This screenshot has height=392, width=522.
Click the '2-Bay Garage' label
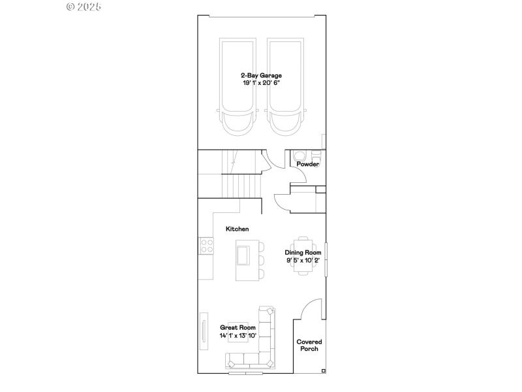[x=261, y=76]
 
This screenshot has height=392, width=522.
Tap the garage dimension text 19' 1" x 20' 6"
[x=261, y=84]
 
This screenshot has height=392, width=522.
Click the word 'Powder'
[x=308, y=164]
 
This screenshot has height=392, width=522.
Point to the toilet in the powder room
[x=299, y=155]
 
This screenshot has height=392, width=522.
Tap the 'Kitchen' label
[x=238, y=229]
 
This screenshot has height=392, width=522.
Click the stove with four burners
[x=207, y=246]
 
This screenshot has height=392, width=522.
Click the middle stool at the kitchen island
[x=262, y=259]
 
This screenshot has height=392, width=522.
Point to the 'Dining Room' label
[x=303, y=252]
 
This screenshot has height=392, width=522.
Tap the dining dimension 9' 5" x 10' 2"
[x=303, y=260]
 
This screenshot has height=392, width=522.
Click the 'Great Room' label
[x=238, y=327]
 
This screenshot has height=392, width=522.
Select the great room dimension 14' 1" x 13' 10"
[x=238, y=335]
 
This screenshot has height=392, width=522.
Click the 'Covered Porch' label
[x=309, y=345]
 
